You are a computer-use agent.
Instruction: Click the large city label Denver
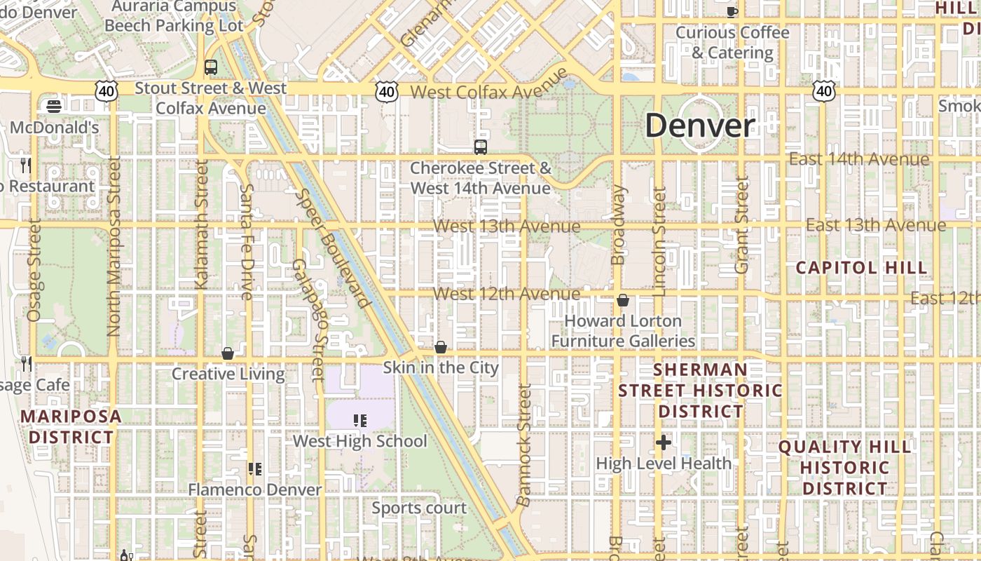coord(700,126)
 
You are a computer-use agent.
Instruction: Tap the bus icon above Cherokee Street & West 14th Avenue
coord(480,147)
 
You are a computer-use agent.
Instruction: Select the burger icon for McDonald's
coord(53,107)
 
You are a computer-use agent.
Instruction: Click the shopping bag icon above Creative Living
coord(228,353)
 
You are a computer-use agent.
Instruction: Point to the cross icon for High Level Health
coord(664,442)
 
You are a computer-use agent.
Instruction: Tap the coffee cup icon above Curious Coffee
coord(732,11)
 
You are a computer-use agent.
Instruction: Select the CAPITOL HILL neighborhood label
coord(861,268)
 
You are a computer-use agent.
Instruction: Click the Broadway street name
coord(617,224)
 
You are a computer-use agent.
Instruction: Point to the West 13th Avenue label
coord(507,227)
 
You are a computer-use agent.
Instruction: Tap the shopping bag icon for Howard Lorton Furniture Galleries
coord(623,301)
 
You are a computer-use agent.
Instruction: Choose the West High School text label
coord(359,441)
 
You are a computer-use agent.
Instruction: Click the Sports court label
coord(419,508)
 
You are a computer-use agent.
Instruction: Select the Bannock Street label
coord(524,445)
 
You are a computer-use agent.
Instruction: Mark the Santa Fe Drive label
coord(247,242)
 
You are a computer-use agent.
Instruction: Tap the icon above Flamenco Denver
coord(255,468)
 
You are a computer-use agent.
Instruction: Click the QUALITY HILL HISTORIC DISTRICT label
coord(844,467)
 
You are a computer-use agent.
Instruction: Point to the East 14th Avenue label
coord(859,159)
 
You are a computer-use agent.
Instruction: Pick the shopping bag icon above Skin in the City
coord(441,347)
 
